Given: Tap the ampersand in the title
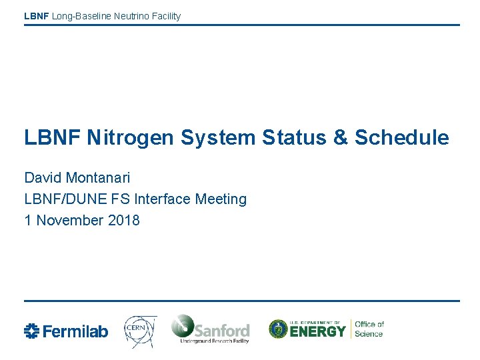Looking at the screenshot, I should (x=339, y=138).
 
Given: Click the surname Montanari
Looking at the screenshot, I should (x=98, y=178).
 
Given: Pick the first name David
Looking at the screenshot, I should (x=43, y=178).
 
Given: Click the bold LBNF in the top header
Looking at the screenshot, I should (x=37, y=16).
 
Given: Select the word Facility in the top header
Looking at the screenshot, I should (x=165, y=16).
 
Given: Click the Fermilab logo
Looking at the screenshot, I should (x=65, y=331).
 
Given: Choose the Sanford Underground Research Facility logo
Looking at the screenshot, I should (x=210, y=329).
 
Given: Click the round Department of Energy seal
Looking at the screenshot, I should (x=278, y=329).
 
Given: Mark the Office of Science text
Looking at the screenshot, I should (x=369, y=329).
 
